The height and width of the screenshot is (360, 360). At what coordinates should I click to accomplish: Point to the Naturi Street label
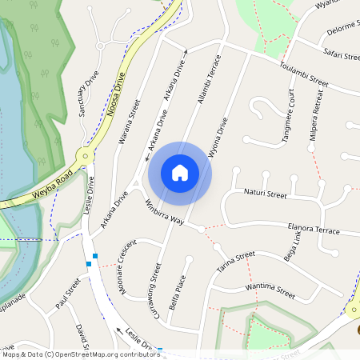click(x=265, y=194)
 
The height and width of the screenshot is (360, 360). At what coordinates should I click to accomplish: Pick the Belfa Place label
click(x=180, y=291)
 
